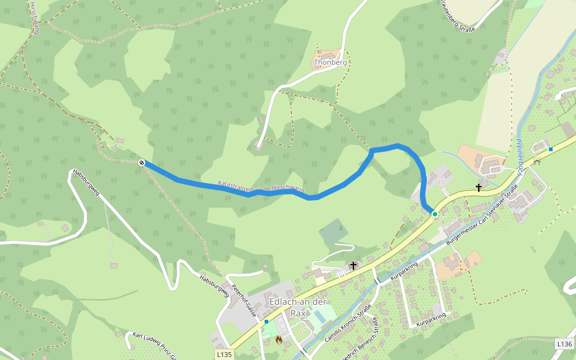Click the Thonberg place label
[331, 62]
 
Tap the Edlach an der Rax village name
[298, 307]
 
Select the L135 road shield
[224, 355]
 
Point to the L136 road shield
[564, 344]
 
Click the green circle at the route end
[435, 214]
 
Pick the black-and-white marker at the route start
[142, 163]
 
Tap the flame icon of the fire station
[278, 340]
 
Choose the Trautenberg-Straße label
[457, 16]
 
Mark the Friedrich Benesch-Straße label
[359, 342]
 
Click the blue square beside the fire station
[266, 322]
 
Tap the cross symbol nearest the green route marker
[479, 188]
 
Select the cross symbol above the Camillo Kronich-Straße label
[353, 265]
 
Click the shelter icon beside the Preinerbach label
[538, 160]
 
